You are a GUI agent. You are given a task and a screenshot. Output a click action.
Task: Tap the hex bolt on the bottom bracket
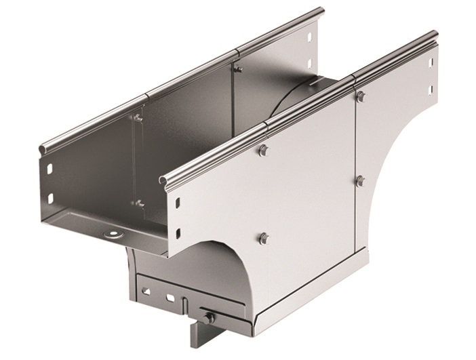210,317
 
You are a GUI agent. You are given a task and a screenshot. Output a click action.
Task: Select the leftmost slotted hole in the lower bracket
145,290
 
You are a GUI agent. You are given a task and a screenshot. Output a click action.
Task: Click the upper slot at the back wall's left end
51,166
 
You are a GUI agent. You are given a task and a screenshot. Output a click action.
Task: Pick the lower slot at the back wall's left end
49,198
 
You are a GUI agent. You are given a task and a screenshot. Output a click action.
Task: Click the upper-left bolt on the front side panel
263,151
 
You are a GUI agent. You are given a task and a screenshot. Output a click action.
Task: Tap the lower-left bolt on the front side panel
264,237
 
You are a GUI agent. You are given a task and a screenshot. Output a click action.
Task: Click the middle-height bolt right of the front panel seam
360,180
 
